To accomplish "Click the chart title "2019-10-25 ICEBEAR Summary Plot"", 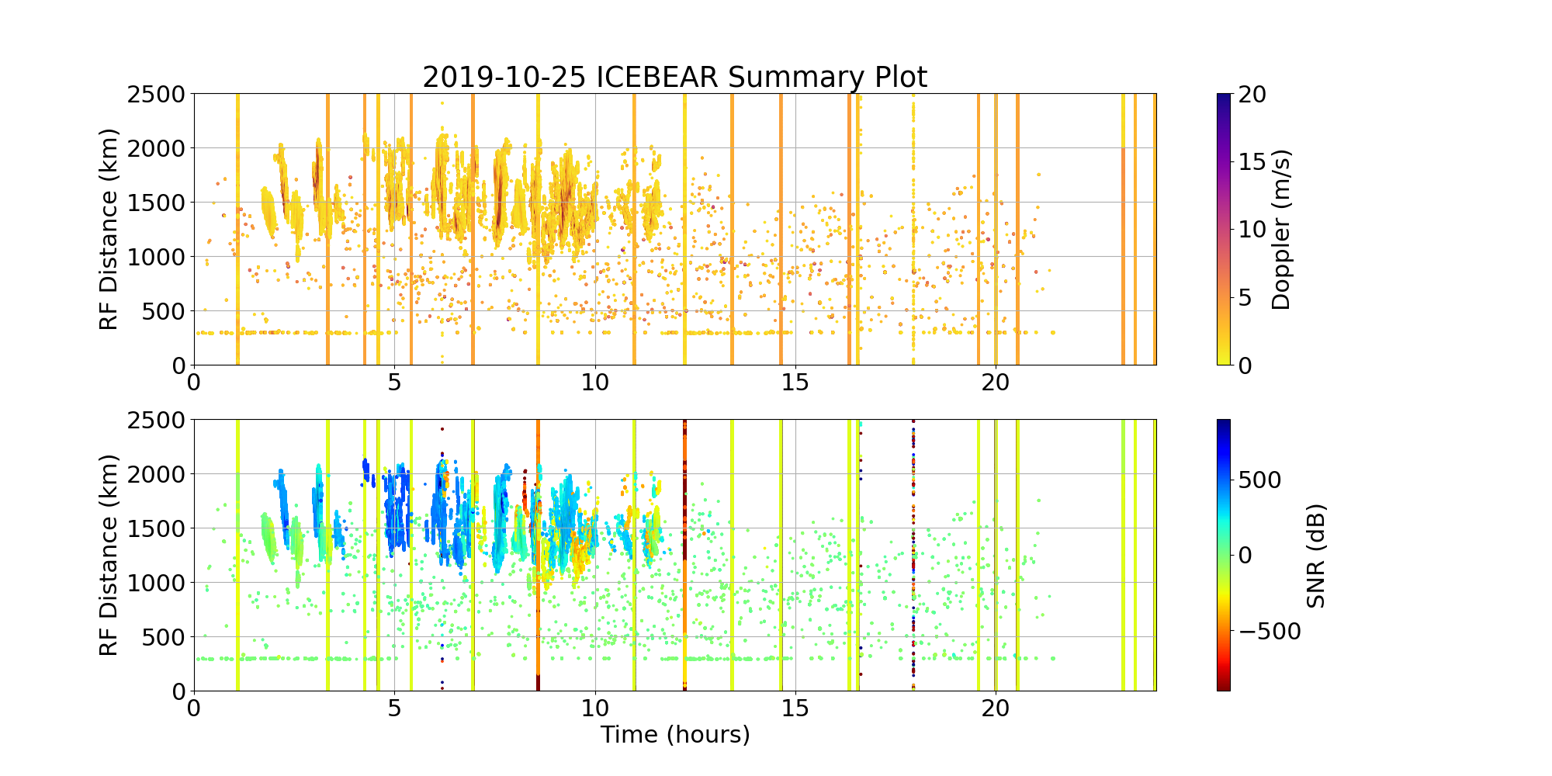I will [x=674, y=78].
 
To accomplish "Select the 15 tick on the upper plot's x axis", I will [x=795, y=383].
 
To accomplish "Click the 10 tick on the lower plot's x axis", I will [x=595, y=708].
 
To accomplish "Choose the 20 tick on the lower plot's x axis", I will [x=996, y=708].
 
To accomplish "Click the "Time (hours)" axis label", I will [x=675, y=734].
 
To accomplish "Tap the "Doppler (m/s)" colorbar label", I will [x=1281, y=230].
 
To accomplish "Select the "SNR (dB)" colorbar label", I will [x=1315, y=556].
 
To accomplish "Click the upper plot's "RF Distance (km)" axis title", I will [x=109, y=230].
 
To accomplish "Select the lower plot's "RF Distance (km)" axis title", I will [x=109, y=556].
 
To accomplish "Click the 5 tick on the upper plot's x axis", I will [x=394, y=383].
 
